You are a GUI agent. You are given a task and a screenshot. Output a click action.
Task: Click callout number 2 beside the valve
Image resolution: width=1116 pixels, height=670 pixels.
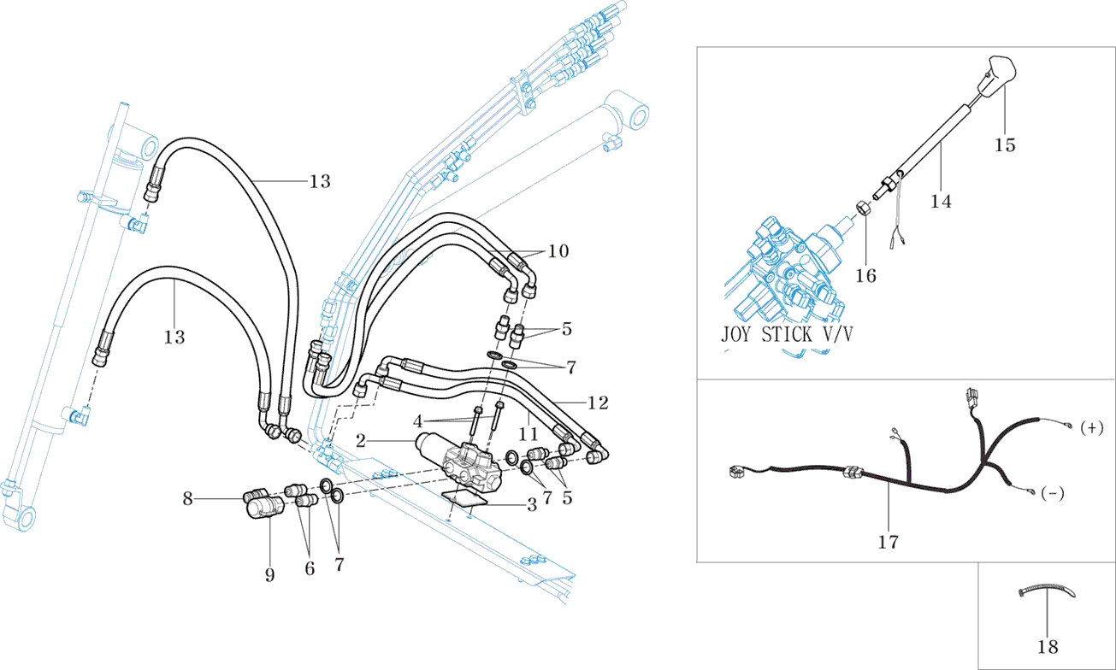[x=361, y=441]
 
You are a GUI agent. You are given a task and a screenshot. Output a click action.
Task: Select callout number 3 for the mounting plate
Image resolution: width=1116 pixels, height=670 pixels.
[x=532, y=505]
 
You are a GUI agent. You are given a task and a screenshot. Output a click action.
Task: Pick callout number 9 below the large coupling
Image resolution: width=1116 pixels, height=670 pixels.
[x=269, y=574]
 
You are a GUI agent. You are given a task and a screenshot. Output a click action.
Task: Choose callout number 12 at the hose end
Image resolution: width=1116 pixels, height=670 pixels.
[x=598, y=402]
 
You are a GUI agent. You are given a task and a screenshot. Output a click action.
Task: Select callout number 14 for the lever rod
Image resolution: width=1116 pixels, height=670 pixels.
[x=942, y=201]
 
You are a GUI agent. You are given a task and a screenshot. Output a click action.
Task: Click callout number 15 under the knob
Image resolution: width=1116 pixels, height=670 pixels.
[x=1005, y=145]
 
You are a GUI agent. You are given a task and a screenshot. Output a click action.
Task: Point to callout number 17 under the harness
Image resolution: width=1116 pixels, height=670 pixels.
[x=889, y=541]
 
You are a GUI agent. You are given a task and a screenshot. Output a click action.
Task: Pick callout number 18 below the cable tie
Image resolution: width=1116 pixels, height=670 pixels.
[x=1048, y=647]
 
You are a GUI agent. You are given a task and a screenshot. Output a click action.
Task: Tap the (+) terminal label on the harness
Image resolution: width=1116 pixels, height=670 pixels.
[x=1092, y=426]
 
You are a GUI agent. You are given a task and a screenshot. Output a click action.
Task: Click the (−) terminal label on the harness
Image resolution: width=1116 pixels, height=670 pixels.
[x=1053, y=495]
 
